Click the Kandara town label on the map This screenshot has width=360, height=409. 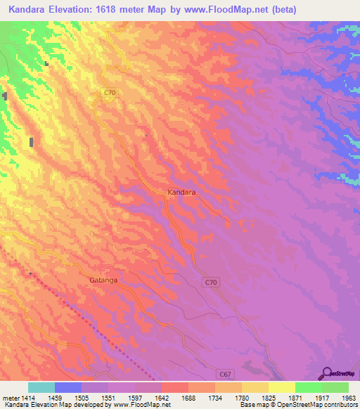[x=181, y=191]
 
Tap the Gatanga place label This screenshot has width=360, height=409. [x=103, y=280]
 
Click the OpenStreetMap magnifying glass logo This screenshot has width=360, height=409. [x=328, y=375]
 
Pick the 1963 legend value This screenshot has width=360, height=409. [x=349, y=398]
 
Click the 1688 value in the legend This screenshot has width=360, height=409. [x=188, y=398]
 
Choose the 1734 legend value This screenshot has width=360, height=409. [x=214, y=398]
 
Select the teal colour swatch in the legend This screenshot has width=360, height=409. [x=41, y=387]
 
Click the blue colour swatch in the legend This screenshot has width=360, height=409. [x=68, y=387]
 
